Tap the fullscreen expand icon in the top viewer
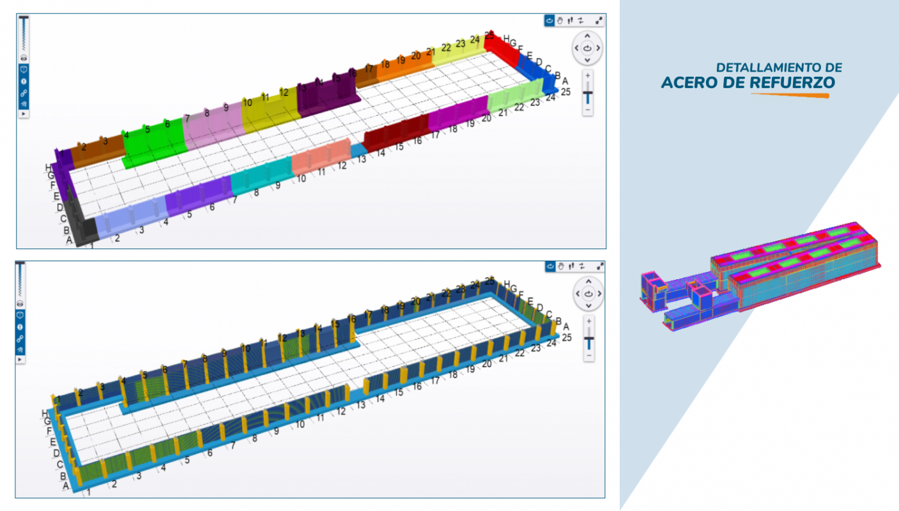599,20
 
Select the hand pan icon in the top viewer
560,20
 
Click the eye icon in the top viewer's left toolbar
23,57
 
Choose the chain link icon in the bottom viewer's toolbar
20,339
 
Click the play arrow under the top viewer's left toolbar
23,114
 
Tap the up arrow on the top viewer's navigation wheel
587,36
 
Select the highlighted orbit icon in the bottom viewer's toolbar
549,266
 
